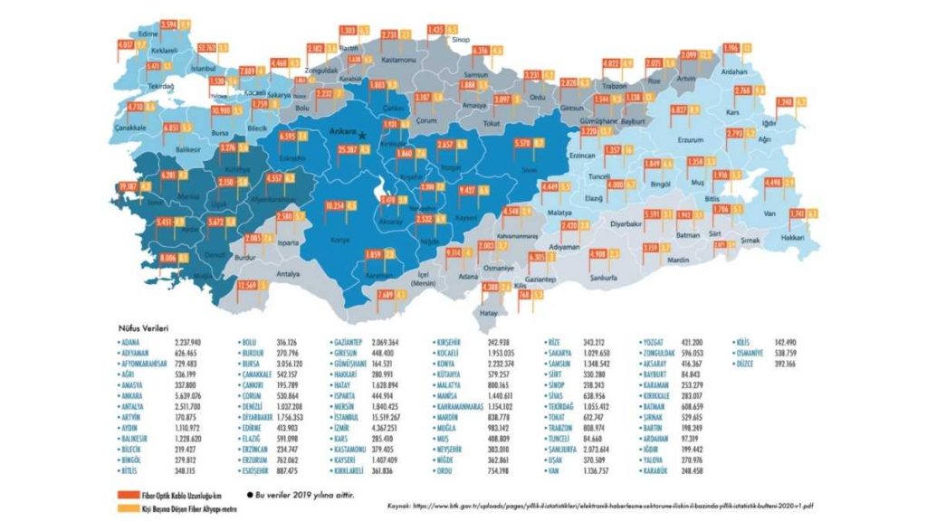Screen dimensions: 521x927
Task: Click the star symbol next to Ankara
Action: pyautogui.click(x=362, y=135)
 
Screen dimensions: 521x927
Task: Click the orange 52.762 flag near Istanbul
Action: pyautogui.click(x=205, y=48)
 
